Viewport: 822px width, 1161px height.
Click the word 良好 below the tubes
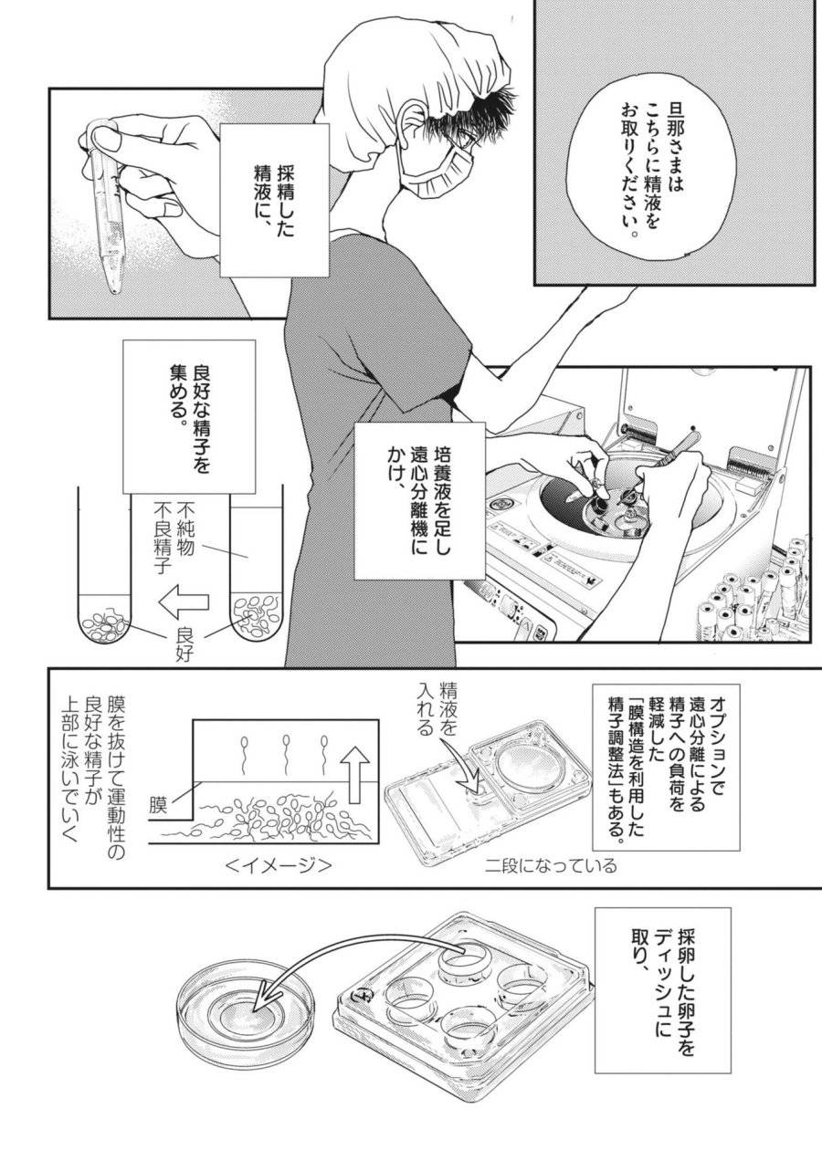coord(183,643)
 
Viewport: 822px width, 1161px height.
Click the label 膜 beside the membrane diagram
coord(159,804)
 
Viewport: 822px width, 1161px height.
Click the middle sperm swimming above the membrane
coord(288,750)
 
